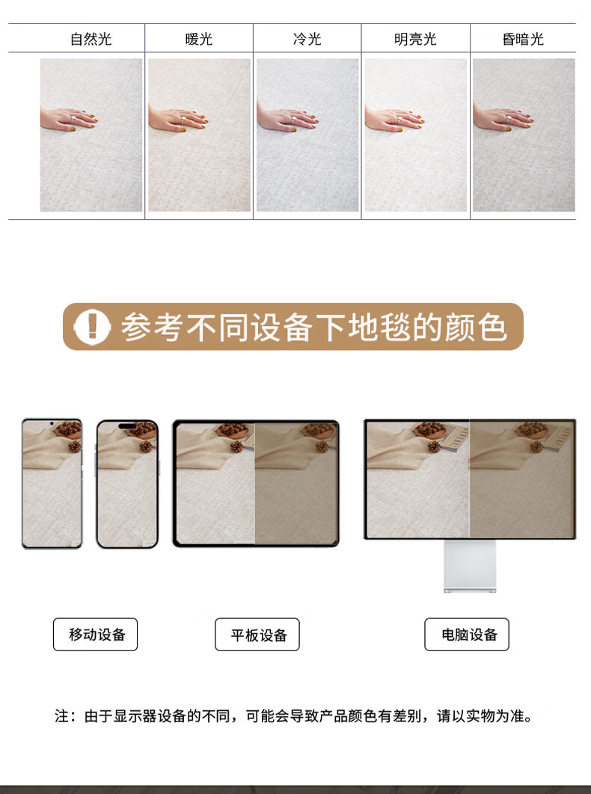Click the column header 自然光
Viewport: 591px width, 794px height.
tap(91, 39)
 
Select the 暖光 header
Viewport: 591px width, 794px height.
tap(199, 39)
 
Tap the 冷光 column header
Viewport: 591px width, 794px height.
tap(307, 39)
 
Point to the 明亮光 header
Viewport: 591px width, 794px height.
tap(415, 39)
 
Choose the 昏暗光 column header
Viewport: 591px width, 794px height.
tap(523, 39)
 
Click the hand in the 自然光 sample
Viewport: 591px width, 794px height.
tap(68, 120)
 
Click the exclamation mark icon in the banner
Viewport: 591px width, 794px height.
tap(92, 327)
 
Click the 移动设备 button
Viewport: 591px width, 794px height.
tap(95, 635)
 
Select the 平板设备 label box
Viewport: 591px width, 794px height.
tap(257, 635)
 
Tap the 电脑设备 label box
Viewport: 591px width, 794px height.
tap(467, 635)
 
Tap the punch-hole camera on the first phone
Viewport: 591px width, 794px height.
tap(52, 423)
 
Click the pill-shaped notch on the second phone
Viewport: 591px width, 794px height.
tap(127, 426)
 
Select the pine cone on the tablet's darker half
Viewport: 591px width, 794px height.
tap(322, 446)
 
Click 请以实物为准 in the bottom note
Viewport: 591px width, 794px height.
tap(483, 716)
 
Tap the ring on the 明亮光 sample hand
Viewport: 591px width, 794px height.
tap(399, 120)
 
